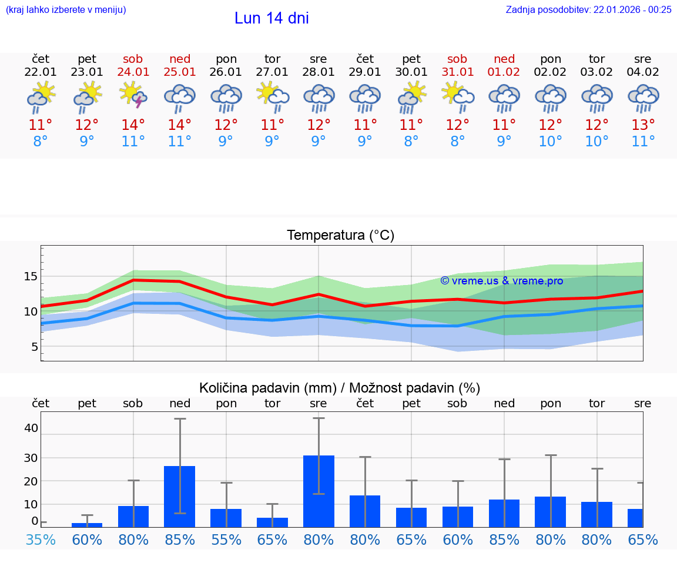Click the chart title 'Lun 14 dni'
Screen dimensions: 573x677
point(272,18)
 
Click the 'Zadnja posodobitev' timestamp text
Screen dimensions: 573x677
point(588,9)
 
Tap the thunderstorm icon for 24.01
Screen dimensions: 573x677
point(133,95)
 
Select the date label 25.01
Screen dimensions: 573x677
point(180,72)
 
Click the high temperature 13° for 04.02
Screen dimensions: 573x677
point(643,125)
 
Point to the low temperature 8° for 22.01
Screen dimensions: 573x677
point(41,142)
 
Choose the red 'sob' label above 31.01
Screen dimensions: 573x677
point(457,59)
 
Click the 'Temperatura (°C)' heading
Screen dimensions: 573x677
point(340,236)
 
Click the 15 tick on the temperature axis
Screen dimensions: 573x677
point(31,276)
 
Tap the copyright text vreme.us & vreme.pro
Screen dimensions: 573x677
point(501,281)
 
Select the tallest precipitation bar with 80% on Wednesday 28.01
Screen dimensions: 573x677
point(319,491)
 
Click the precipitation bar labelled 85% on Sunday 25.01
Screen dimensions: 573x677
point(179,496)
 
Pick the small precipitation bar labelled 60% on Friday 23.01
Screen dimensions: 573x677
point(87,525)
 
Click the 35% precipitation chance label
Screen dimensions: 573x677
point(41,540)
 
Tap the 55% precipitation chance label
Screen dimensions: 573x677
point(226,540)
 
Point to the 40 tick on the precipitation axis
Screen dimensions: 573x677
point(31,428)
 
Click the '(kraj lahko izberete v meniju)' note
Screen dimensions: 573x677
point(65,9)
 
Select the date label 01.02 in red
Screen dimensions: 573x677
point(504,72)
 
